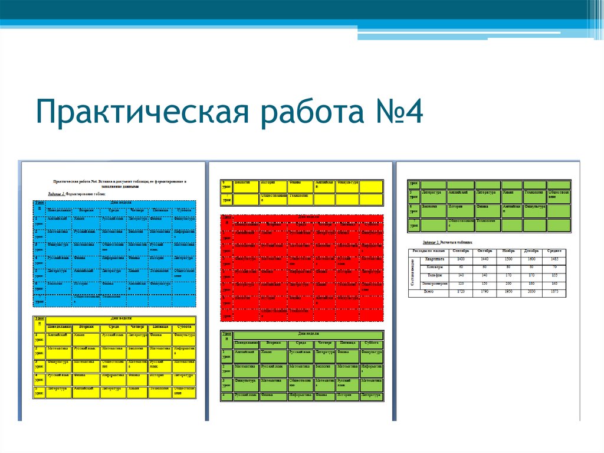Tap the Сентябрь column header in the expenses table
click(x=461, y=252)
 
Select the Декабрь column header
click(x=531, y=252)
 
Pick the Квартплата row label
click(x=434, y=259)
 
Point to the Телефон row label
click(x=434, y=275)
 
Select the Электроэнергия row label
click(x=434, y=283)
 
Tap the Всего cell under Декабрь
click(x=531, y=292)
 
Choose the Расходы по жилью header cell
click(x=429, y=252)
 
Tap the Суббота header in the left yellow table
click(x=183, y=327)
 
